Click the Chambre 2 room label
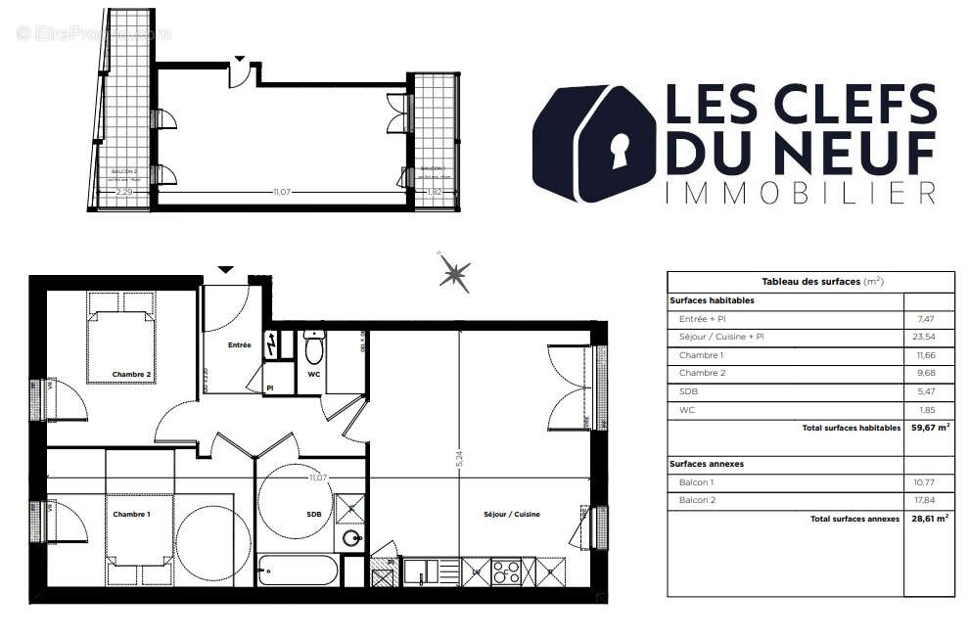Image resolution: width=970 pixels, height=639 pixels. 131,375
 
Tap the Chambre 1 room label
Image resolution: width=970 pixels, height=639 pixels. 131,515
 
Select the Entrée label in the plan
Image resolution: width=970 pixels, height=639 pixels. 239,344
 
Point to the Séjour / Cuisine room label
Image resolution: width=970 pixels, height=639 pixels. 511,514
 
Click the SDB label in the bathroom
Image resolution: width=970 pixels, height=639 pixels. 313,514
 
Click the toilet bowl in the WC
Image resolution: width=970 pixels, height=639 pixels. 314,348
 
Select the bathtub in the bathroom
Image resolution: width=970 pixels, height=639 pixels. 298,570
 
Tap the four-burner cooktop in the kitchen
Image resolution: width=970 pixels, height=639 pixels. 505,571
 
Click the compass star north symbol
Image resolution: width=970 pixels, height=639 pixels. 454,273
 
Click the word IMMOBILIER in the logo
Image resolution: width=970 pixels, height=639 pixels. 799,193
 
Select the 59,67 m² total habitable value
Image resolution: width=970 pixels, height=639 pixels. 929,427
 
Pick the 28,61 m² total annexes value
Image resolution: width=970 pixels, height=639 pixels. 929,519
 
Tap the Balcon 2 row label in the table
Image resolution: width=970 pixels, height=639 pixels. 696,500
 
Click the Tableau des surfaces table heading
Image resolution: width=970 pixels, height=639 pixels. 808,282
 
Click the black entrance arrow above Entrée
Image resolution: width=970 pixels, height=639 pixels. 226,269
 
